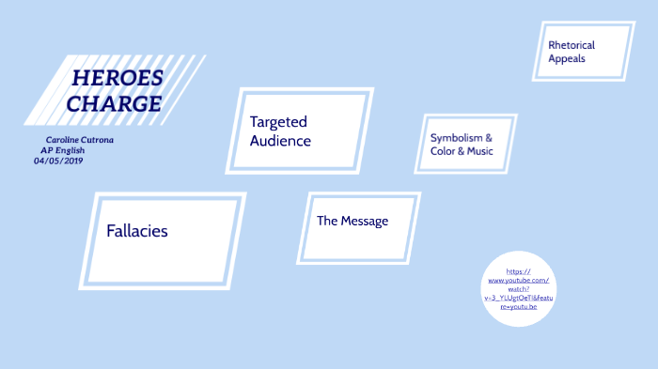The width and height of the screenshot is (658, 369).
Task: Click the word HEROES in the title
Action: (x=117, y=78)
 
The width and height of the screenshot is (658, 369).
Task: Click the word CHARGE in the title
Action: (x=115, y=103)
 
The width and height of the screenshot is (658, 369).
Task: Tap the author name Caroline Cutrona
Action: (x=79, y=140)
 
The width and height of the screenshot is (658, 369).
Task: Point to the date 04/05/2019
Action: (x=58, y=161)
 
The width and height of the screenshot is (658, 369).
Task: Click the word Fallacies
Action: (x=137, y=230)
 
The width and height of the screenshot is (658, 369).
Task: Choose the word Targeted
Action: (x=278, y=122)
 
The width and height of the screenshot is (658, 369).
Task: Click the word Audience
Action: (x=280, y=141)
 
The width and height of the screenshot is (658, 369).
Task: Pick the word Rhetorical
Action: (x=572, y=44)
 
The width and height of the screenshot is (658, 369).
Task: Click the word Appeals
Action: (x=567, y=58)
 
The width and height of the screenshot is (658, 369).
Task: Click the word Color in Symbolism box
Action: (x=443, y=150)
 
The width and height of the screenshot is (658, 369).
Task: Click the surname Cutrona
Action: (x=97, y=140)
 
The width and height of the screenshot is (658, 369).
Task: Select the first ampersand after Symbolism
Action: (x=489, y=137)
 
